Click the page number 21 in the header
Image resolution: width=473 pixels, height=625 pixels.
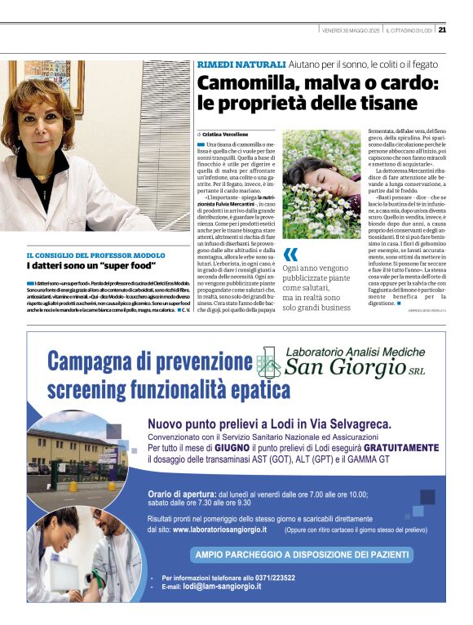click(x=441, y=30)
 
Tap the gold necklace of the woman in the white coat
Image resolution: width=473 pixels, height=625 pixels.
click(x=42, y=175)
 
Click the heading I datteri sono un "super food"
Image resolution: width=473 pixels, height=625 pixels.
click(x=91, y=266)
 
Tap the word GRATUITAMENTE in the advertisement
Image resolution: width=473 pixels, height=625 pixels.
click(x=395, y=449)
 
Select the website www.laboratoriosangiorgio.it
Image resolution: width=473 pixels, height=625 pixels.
click(x=219, y=530)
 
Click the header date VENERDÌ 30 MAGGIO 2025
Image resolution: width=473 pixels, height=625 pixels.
click(x=351, y=30)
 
